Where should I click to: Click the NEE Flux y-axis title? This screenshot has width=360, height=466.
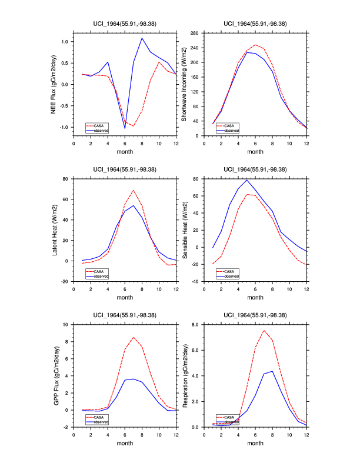[x=54, y=84]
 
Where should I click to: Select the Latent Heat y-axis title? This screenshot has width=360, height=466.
[x=54, y=229]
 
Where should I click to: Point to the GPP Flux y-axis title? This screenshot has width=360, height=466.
[x=54, y=375]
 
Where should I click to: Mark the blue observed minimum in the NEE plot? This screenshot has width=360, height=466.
[x=125, y=128]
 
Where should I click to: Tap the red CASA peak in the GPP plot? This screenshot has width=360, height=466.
[x=134, y=337]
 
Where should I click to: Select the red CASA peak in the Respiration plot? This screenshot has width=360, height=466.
[x=264, y=330]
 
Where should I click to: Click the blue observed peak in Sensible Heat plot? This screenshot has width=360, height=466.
[x=246, y=179]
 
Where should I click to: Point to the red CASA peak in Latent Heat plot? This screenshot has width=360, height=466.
[x=134, y=190]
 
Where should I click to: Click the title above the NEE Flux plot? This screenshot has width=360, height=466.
[x=125, y=24]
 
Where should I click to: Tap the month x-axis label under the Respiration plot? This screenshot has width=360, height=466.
[x=255, y=445]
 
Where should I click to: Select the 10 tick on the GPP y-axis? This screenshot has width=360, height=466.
[x=67, y=324]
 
